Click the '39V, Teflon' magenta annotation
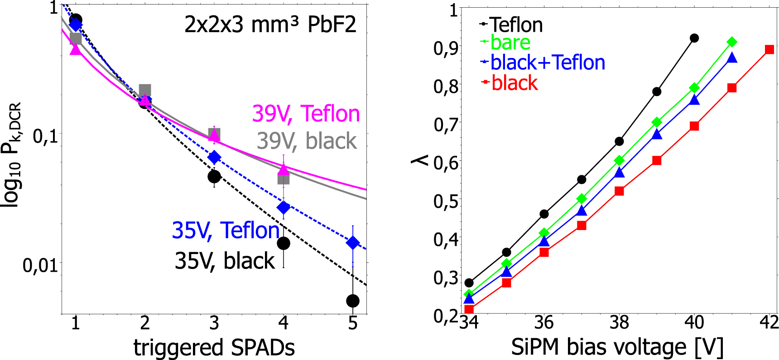point(306,114)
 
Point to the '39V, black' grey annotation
point(307,141)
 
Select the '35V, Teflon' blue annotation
point(226,230)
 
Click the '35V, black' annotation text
point(225,261)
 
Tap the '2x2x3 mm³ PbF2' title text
point(270,24)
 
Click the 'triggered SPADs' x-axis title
point(214,348)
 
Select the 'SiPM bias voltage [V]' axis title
point(617,348)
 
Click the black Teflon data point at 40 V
point(694,38)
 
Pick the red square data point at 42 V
point(769,49)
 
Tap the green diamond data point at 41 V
point(732,42)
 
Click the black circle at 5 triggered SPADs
point(353,301)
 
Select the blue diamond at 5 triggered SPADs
point(353,243)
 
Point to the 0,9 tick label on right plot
point(445,48)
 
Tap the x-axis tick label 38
point(619,323)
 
